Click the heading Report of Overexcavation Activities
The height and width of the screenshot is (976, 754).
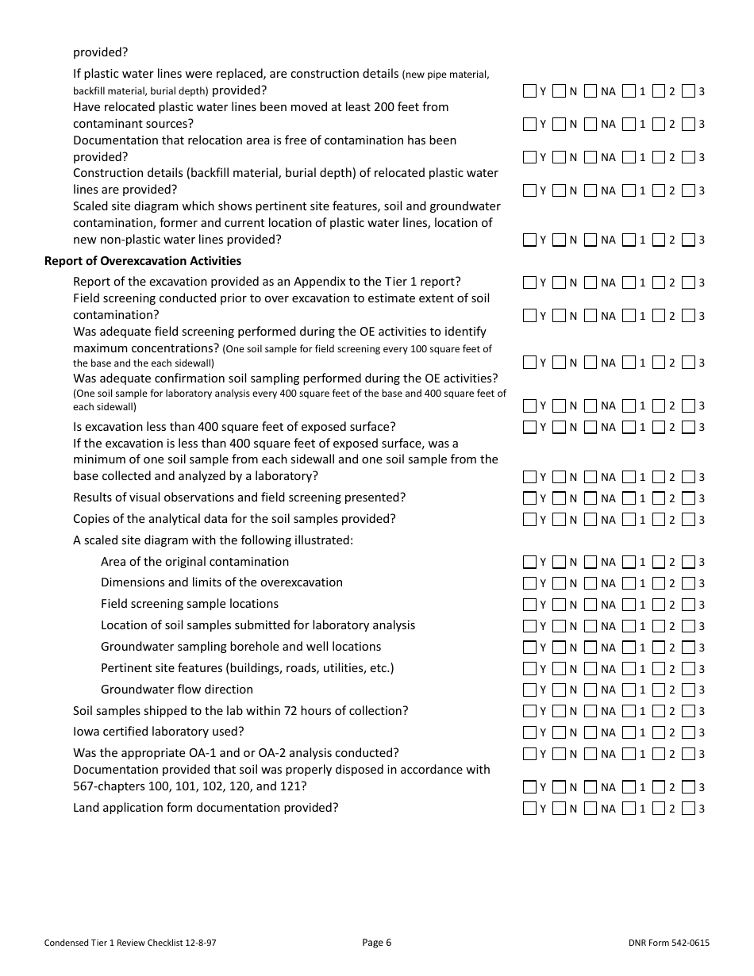(143, 261)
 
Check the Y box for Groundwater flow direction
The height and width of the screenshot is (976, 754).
(529, 690)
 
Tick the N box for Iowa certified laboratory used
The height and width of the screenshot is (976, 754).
(560, 732)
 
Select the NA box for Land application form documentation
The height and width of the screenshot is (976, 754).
(591, 808)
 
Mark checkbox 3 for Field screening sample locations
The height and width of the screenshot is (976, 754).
(688, 604)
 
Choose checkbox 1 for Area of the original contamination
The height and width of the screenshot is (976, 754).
(629, 562)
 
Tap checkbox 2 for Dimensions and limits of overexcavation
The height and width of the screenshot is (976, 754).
(659, 583)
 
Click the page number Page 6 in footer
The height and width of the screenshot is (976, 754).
(376, 943)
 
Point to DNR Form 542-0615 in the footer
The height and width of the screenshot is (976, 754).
(668, 943)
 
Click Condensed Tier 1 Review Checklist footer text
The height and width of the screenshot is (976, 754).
(130, 943)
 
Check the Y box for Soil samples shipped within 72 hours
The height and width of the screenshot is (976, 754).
(529, 711)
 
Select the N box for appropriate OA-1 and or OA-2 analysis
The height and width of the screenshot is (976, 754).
(560, 753)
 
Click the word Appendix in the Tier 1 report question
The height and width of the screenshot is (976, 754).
(317, 282)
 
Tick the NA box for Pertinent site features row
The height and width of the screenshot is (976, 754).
(591, 668)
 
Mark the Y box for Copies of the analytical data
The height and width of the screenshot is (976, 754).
(529, 519)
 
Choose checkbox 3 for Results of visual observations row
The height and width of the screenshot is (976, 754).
(688, 498)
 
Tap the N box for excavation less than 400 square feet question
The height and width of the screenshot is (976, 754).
(560, 427)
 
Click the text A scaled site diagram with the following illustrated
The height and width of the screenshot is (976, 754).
(213, 540)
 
